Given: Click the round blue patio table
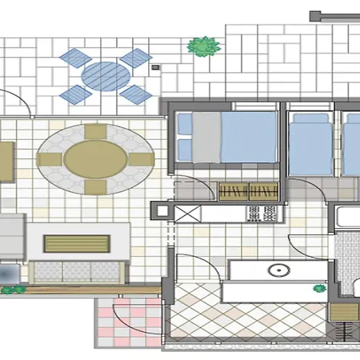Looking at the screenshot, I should [x=106, y=78].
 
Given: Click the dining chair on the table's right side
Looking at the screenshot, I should [x=141, y=159].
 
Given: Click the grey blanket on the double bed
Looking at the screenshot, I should [x=207, y=137].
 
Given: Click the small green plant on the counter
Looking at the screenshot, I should [x=319, y=287].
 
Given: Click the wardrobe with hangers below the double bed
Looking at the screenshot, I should [x=249, y=190].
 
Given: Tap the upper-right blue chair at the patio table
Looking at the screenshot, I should [x=137, y=58].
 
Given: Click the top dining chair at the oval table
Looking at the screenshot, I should [x=96, y=130].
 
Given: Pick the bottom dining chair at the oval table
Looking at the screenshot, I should [x=96, y=186].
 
